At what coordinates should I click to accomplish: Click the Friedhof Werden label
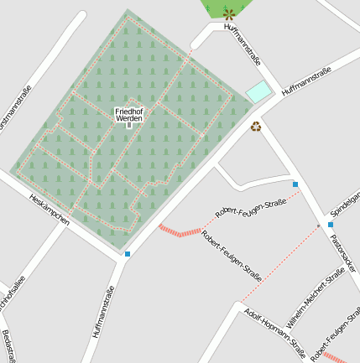point(128,115)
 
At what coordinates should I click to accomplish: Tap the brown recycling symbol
point(255,127)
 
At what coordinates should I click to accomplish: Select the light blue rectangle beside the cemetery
point(259,91)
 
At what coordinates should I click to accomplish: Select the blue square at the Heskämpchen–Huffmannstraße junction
point(128,253)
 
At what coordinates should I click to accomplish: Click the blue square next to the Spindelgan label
point(331,225)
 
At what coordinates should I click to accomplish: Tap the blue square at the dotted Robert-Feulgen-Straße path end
point(295,184)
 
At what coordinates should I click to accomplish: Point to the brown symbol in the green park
point(229,13)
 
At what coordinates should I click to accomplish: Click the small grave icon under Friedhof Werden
point(128,126)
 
